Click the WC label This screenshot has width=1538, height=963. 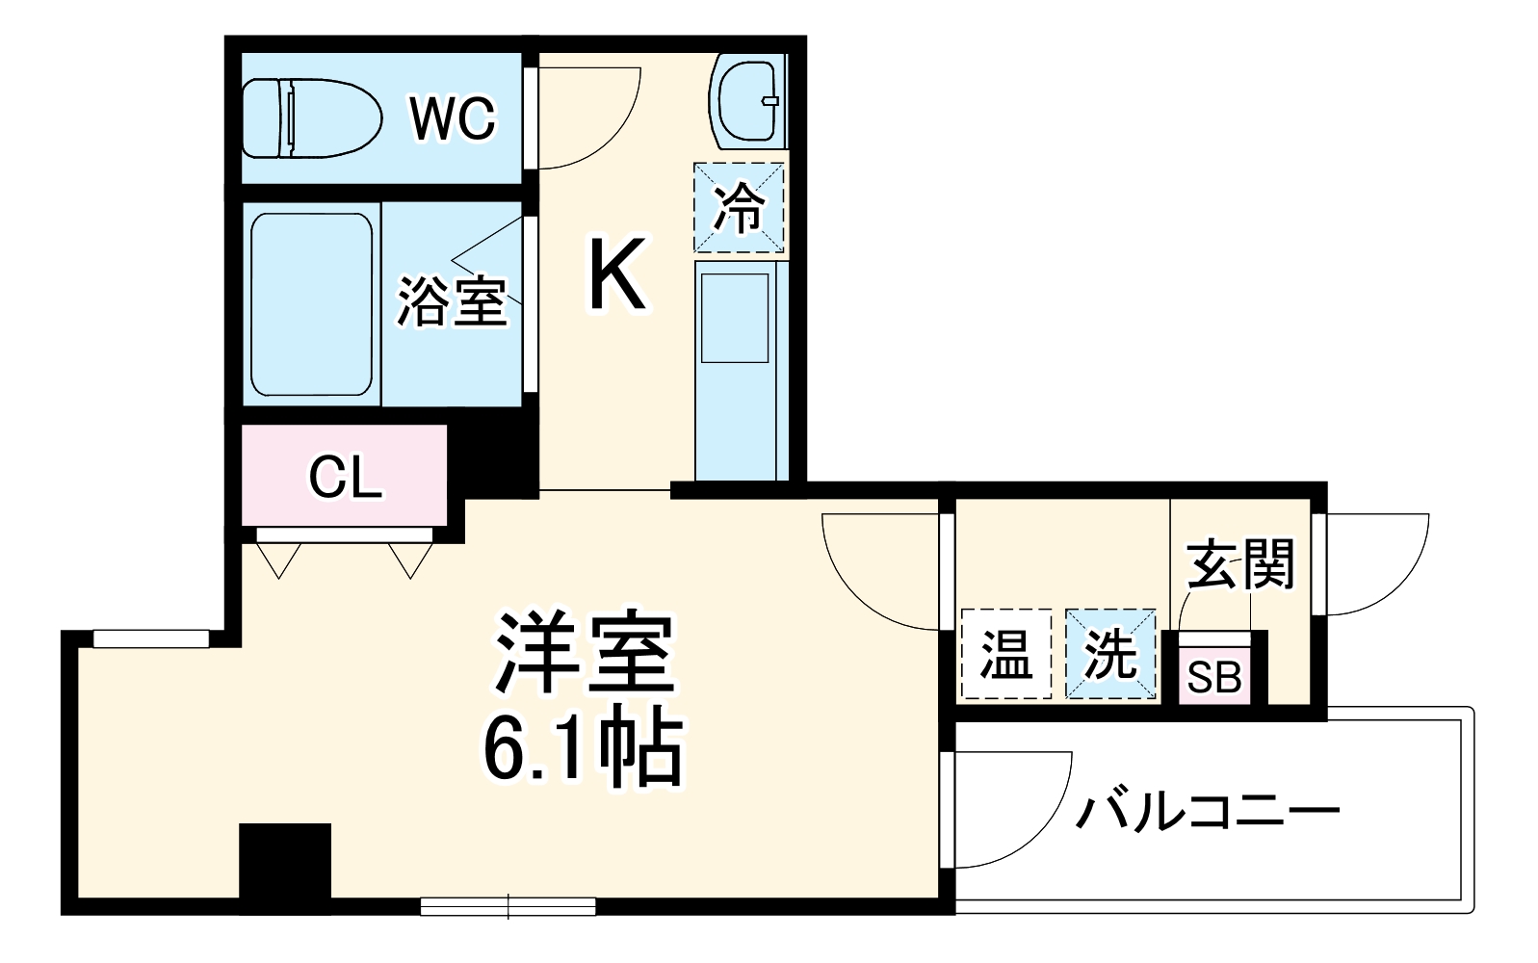tap(452, 117)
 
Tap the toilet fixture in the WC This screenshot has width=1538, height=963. tap(307, 117)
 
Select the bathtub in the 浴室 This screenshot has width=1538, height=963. tap(311, 304)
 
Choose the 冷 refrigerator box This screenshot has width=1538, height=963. tap(739, 208)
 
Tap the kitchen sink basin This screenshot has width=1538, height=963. tap(735, 318)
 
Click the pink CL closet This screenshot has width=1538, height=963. tap(344, 476)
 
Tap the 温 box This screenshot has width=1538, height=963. tap(1005, 655)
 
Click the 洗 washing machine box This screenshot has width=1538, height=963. tap(1110, 655)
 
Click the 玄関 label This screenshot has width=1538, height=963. tap(1240, 563)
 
